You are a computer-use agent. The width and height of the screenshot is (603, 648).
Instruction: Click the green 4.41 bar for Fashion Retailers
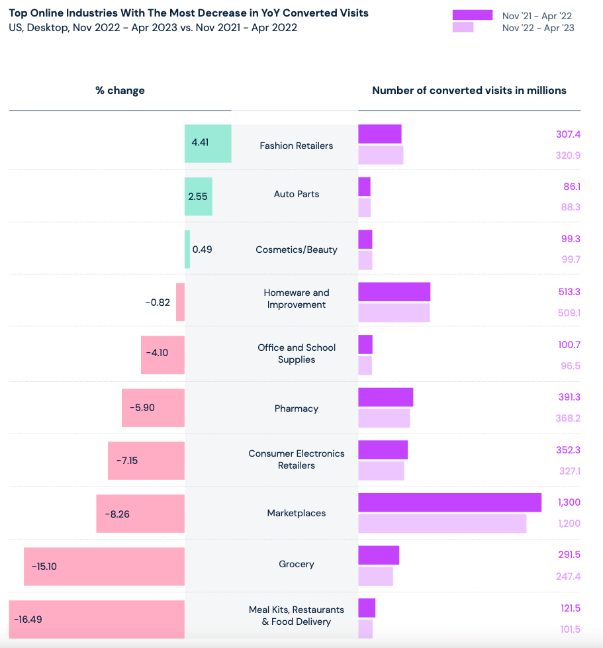[208, 143]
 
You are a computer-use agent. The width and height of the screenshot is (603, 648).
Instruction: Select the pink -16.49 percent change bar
[97, 620]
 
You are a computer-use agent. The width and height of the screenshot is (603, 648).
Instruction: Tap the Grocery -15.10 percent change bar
[104, 567]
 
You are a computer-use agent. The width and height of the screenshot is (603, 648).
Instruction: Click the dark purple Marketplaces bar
[449, 502]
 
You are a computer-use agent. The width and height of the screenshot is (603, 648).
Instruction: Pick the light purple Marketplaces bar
[442, 524]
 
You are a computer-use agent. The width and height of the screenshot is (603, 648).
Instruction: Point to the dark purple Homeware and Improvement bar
[394, 291]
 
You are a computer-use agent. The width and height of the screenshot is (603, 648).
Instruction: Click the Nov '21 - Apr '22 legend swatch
[472, 15]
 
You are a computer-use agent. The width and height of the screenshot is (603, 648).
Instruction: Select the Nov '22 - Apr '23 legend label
[538, 28]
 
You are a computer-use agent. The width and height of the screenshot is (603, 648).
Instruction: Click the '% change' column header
[120, 91]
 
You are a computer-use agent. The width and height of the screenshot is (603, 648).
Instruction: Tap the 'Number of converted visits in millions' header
[469, 91]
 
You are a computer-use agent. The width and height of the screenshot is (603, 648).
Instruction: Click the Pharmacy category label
[297, 408]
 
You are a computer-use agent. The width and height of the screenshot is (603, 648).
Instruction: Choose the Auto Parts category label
[297, 194]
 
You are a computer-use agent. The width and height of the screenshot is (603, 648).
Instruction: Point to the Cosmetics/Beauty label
[297, 250]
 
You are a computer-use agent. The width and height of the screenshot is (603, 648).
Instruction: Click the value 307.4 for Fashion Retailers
[568, 134]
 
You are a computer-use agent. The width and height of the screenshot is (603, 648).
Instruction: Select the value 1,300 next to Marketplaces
[569, 502]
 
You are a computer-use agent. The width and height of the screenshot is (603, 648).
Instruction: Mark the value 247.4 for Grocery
[568, 577]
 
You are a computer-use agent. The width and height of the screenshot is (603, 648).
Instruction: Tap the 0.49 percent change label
[202, 250]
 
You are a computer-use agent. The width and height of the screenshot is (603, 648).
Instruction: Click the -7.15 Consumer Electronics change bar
[146, 461]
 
